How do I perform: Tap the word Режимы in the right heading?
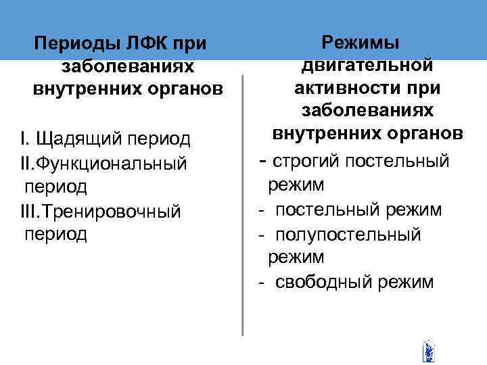[361, 42]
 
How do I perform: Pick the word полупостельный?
[348, 234]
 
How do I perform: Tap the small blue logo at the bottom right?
[428, 350]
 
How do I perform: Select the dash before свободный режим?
[260, 283]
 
